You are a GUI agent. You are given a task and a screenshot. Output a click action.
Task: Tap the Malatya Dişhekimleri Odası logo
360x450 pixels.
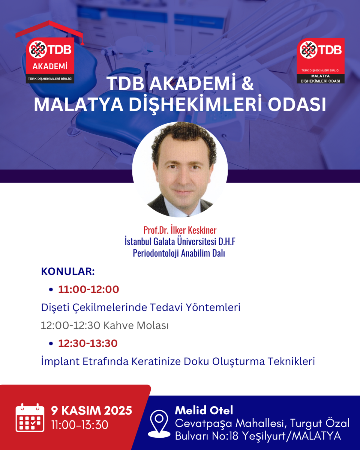(x=321, y=61)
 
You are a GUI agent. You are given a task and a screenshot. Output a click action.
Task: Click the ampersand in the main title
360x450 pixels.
(x=247, y=83)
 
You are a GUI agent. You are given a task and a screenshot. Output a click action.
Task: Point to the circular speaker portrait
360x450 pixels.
(x=180, y=169)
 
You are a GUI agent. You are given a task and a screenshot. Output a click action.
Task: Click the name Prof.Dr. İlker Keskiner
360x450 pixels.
(x=180, y=230)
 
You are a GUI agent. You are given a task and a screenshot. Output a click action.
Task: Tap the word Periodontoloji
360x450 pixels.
(x=156, y=253)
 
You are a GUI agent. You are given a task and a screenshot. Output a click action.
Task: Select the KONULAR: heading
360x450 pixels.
(x=68, y=271)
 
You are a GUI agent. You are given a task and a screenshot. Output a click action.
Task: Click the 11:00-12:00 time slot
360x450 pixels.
(x=88, y=289)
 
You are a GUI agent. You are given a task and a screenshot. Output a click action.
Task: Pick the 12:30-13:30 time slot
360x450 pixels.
(x=88, y=343)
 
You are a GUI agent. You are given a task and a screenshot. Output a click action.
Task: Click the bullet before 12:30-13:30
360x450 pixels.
(x=51, y=343)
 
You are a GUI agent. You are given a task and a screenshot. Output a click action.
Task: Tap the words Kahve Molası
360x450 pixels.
(x=136, y=325)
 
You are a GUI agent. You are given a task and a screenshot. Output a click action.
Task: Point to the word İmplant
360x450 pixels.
(x=60, y=361)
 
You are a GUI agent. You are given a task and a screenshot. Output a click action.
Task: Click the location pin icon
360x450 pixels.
(x=159, y=424)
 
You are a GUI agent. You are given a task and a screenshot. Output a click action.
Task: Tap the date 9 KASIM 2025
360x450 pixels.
(x=91, y=411)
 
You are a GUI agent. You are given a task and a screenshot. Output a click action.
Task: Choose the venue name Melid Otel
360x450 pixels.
(x=204, y=410)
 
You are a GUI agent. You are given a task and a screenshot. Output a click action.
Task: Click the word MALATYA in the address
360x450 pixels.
(x=316, y=436)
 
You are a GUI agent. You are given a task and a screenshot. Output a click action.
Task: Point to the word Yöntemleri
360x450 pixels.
(x=213, y=307)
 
